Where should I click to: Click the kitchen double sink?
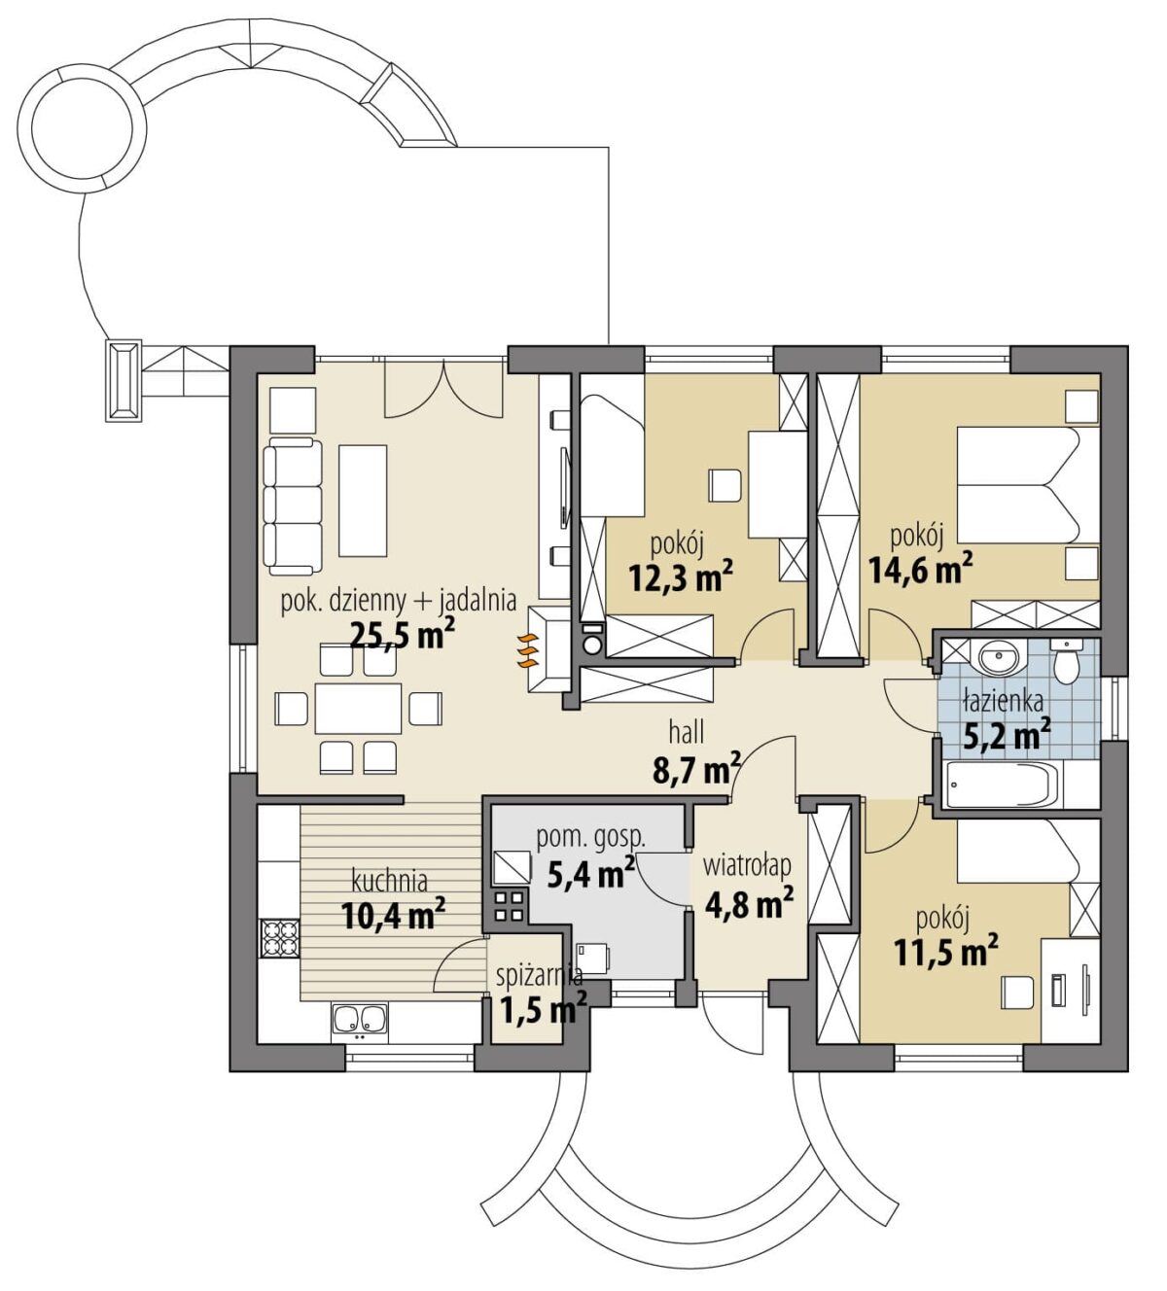[x=359, y=1019]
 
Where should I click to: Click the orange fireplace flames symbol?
[x=528, y=652]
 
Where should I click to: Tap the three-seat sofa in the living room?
[x=292, y=506]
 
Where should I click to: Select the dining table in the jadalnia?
[x=358, y=709]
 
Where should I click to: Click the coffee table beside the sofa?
[x=364, y=500]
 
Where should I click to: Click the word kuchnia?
[x=390, y=881]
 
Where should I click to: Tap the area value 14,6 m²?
[x=920, y=569]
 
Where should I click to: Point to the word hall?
[x=687, y=732]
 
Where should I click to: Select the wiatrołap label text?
[x=747, y=866]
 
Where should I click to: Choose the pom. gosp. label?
[x=590, y=837]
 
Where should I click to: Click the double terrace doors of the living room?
[x=443, y=390]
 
